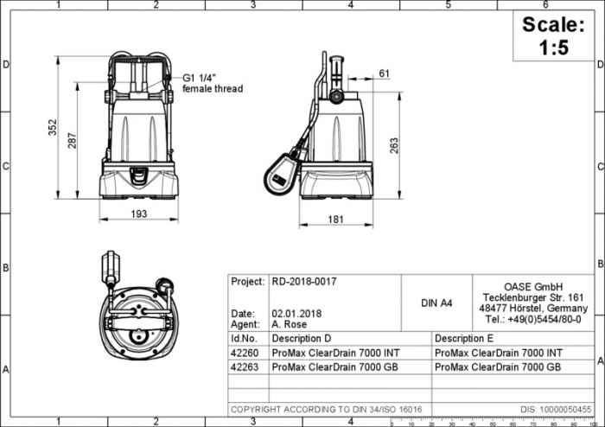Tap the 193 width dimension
139,213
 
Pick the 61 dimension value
384,73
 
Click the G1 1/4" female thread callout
213,83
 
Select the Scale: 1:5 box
553,36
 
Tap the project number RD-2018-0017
304,282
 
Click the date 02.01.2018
297,313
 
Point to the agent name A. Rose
290,324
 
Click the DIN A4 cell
436,303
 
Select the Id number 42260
244,353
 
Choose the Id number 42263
244,366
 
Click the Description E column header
465,338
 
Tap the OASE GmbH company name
533,287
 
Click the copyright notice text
326,408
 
